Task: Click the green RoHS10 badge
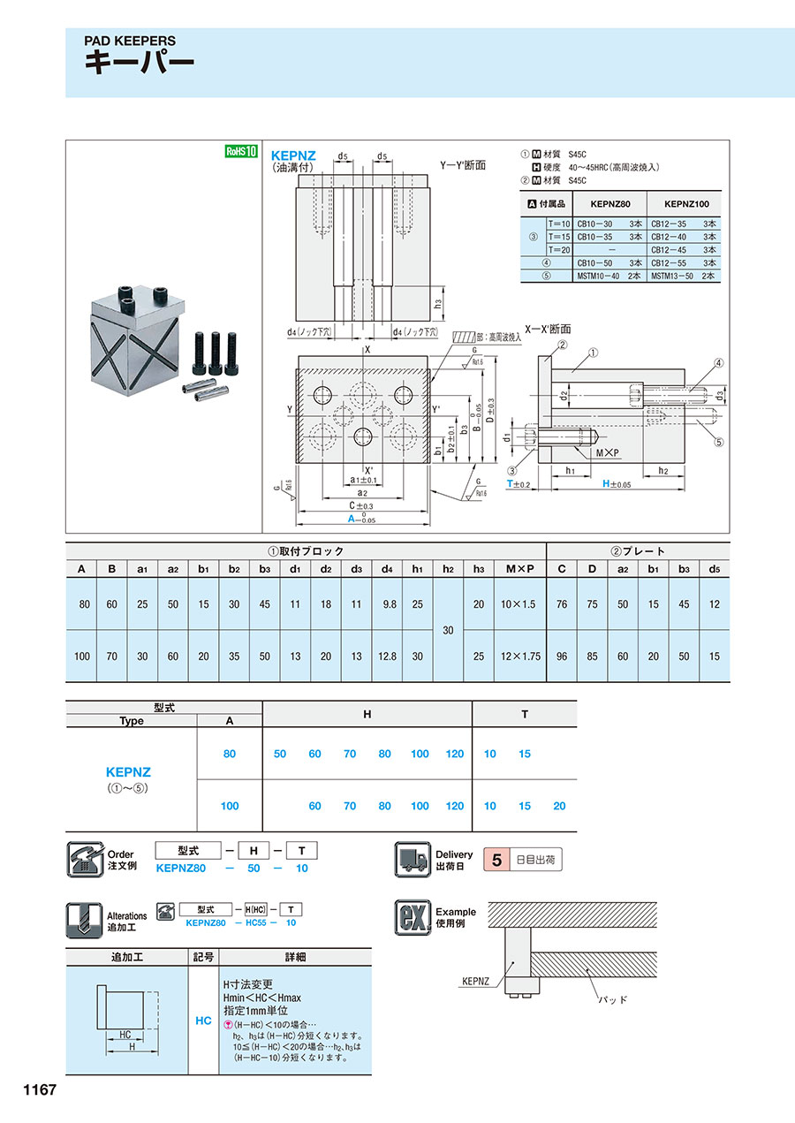240,151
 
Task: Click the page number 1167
34,1090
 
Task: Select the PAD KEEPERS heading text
130,41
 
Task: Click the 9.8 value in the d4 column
385,604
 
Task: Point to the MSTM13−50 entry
675,276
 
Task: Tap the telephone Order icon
86,859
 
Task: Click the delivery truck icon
411,859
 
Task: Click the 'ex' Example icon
411,918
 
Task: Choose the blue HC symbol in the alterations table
203,1021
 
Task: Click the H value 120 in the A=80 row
454,754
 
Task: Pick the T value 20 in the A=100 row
558,806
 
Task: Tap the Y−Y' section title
463,164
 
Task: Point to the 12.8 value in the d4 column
385,656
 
